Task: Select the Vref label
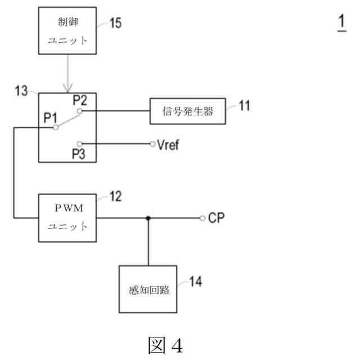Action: pyautogui.click(x=170, y=143)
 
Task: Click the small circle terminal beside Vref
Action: pyautogui.click(x=152, y=143)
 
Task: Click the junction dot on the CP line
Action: pyautogui.click(x=148, y=218)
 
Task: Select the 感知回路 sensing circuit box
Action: pyautogui.click(x=148, y=288)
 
